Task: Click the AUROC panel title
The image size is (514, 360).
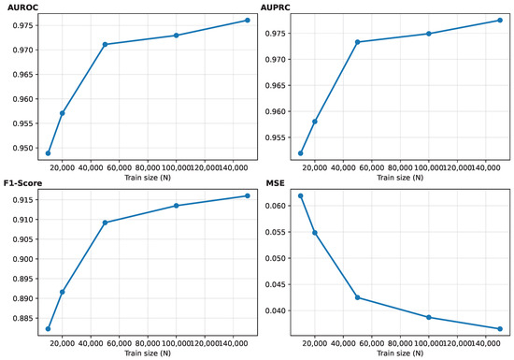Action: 23,7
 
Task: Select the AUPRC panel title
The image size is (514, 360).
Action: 276,7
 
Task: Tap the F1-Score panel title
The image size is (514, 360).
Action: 23,183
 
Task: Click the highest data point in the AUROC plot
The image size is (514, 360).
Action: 248,21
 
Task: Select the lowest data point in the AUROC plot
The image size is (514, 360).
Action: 49,153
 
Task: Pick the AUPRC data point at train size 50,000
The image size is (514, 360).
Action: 358,42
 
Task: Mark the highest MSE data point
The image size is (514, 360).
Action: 301,196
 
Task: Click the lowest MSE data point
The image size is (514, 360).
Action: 500,329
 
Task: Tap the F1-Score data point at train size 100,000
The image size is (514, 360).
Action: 177,206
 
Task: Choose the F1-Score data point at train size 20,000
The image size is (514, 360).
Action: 63,292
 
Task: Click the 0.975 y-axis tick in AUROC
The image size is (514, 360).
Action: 23,25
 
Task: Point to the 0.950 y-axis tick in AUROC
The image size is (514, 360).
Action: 23,148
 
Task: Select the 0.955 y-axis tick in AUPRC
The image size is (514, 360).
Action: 276,137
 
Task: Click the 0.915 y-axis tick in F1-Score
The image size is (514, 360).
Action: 23,200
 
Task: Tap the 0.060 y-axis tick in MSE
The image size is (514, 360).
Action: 276,206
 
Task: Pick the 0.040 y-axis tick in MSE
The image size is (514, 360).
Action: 276,310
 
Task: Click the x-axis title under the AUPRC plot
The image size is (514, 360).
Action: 400,178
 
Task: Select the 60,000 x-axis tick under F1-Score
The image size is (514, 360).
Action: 120,343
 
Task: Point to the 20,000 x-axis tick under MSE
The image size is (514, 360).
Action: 315,343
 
